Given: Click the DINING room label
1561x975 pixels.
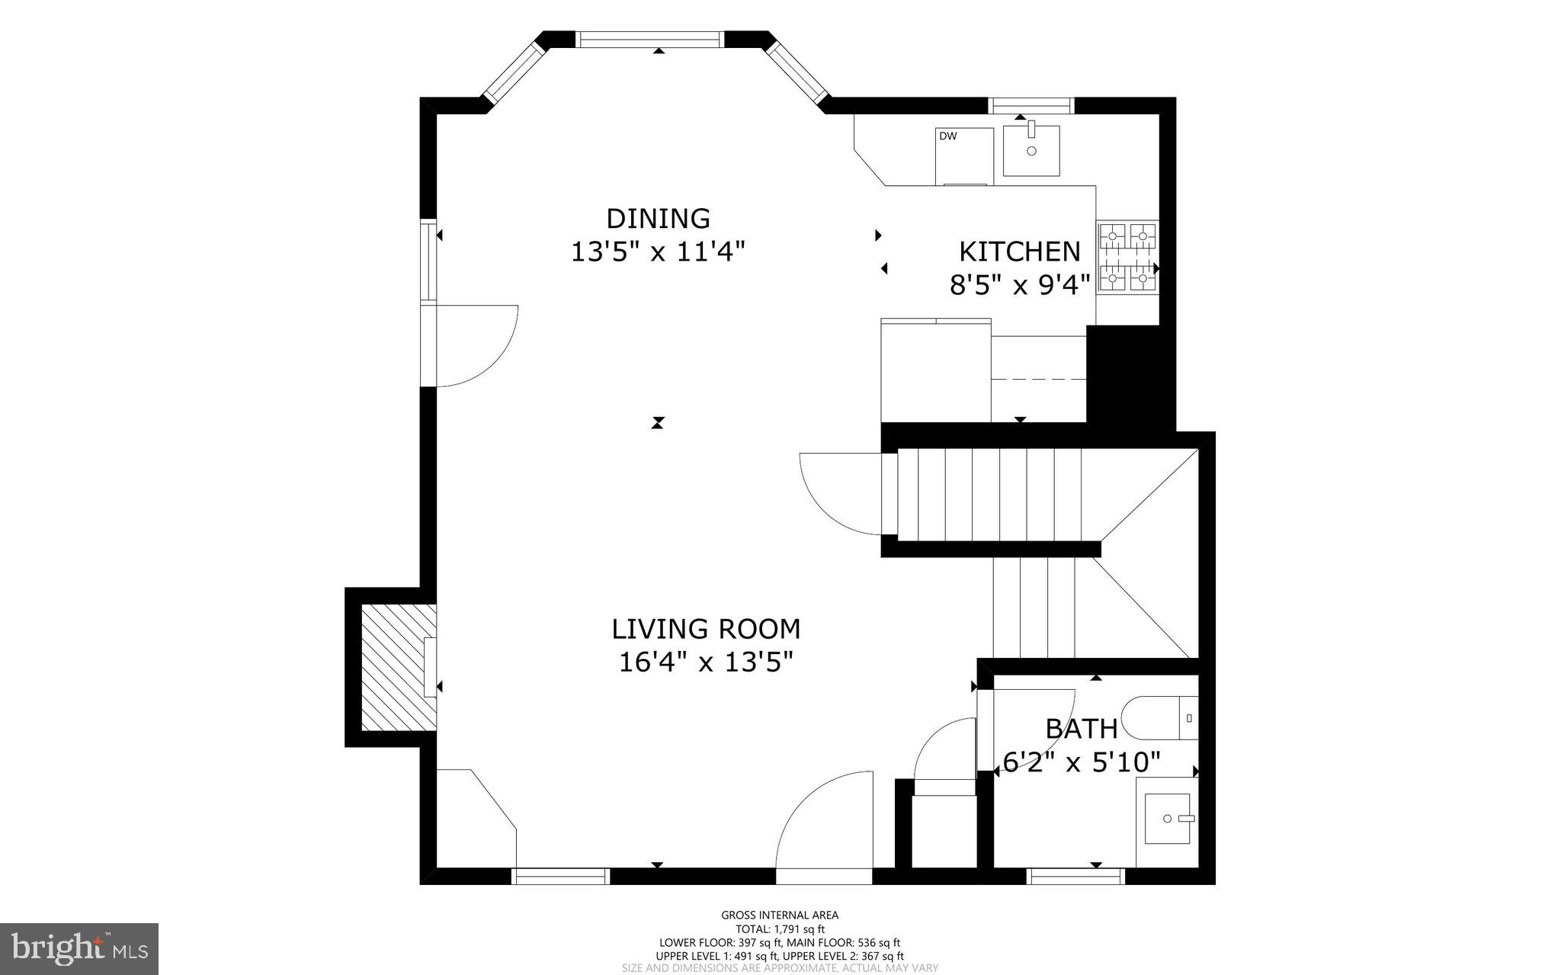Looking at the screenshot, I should pos(658,219).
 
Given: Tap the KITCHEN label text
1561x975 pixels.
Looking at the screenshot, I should pos(1019,252).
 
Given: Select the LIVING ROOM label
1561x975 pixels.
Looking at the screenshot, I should pos(706,629).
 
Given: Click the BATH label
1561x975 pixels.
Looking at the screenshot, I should pos(1081,729).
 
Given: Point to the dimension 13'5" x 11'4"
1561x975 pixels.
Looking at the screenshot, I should pos(658,252).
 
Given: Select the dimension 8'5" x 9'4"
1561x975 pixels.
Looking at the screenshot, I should pos(1019,285).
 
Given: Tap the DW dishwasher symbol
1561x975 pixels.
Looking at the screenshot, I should pos(964,156).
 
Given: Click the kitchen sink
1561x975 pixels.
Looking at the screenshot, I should pos(1031,150).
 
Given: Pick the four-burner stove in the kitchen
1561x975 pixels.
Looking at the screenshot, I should pos(1127,258).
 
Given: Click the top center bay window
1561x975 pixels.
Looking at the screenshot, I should pos(649,39).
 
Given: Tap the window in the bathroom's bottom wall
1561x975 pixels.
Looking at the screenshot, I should pos(1076,877).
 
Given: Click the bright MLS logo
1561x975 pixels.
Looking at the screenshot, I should pos(79,948).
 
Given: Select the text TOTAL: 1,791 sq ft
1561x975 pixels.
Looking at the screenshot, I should pos(780,929).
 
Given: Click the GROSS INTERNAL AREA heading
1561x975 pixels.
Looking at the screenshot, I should pos(780,916).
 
